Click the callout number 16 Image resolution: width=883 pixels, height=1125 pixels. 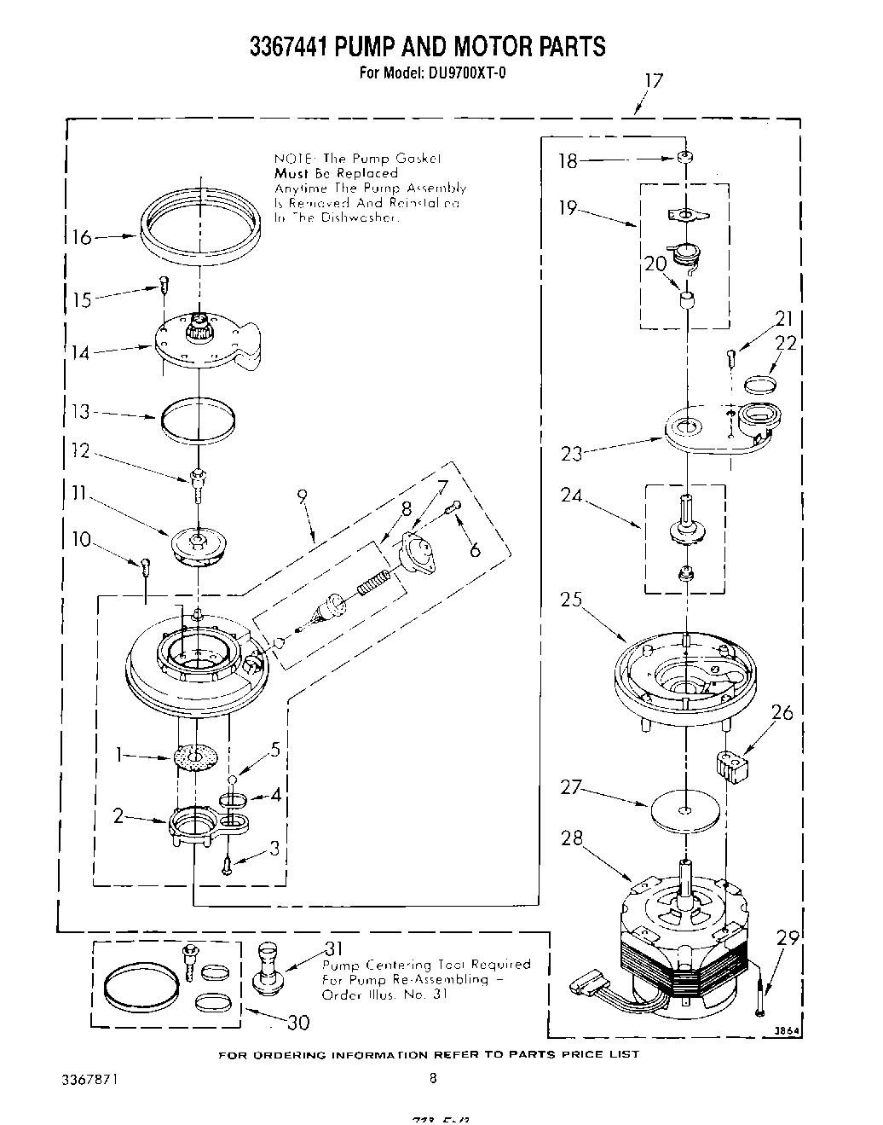click(82, 236)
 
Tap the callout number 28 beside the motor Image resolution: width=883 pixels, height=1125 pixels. click(572, 838)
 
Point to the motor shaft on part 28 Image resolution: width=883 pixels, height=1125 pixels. click(687, 878)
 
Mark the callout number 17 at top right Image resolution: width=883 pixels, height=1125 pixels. click(653, 83)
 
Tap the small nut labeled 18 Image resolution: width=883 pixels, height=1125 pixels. click(684, 159)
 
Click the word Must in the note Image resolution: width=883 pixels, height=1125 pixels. click(291, 173)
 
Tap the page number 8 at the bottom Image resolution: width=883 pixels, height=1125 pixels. click(433, 1078)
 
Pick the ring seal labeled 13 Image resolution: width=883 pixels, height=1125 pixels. click(198, 420)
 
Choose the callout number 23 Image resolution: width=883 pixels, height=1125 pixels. click(571, 453)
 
